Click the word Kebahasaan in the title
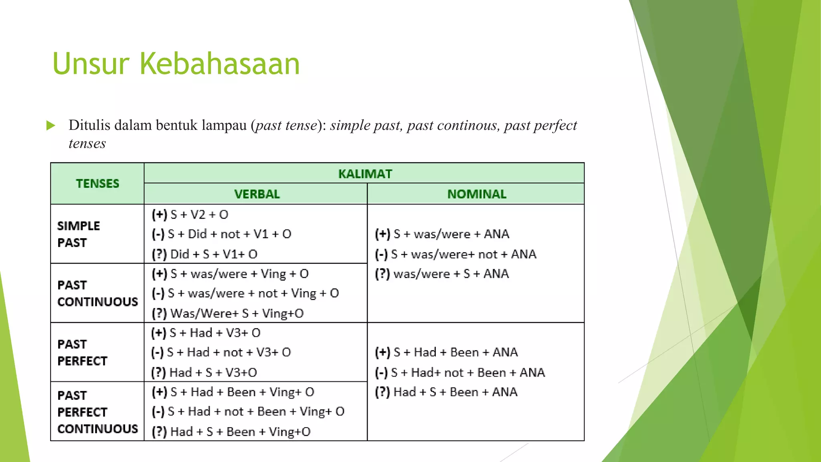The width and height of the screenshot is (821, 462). (220, 64)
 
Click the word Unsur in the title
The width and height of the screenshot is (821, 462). (91, 64)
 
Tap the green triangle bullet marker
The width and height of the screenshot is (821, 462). (51, 126)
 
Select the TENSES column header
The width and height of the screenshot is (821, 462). (97, 184)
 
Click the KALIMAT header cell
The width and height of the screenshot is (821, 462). (364, 174)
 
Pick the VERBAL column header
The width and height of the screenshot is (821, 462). (257, 194)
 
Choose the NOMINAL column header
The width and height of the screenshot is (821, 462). (476, 194)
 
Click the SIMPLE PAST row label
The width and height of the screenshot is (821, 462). (78, 234)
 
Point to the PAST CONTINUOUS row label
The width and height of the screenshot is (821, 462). (97, 293)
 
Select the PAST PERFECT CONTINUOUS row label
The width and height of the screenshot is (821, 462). (97, 412)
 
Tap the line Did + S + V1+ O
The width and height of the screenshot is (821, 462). (213, 254)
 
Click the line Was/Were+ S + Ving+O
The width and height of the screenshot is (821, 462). (237, 314)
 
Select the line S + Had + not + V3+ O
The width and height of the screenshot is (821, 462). (229, 353)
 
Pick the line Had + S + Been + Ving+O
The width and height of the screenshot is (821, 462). (240, 432)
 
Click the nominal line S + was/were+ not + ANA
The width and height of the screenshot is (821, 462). (463, 254)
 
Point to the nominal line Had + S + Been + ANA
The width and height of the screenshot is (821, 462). (455, 392)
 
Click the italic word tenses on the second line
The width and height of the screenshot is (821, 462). (87, 144)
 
